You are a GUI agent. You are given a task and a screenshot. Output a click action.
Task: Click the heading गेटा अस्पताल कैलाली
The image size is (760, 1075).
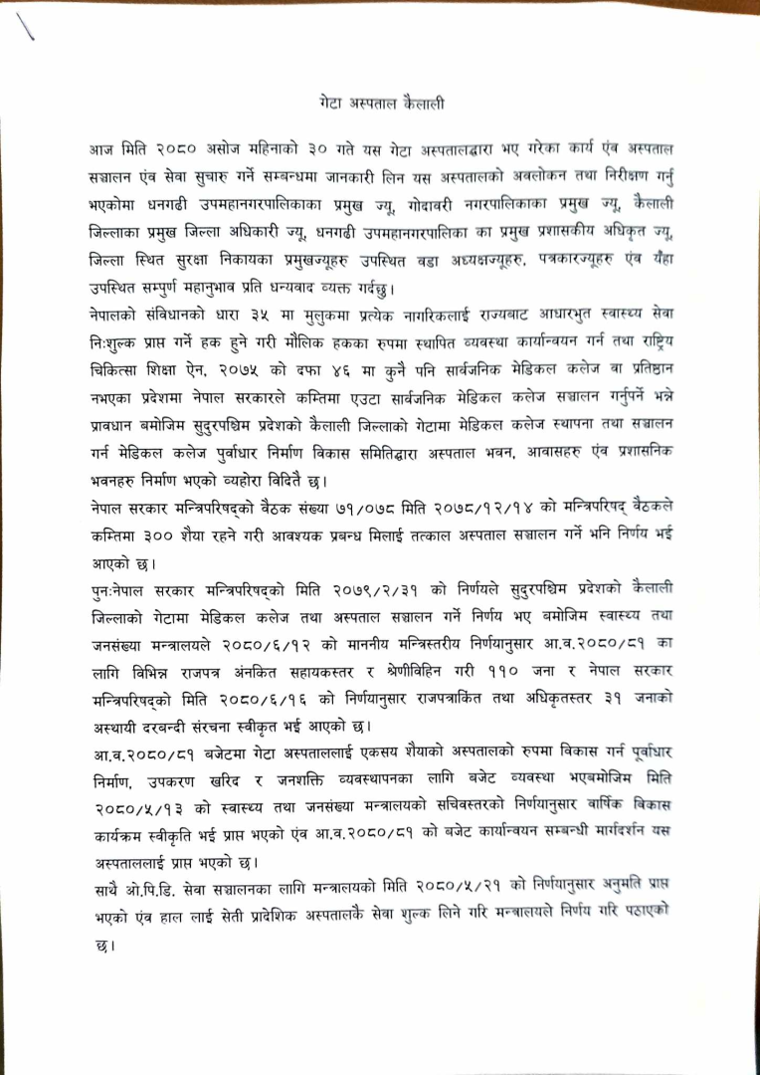(382, 103)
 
